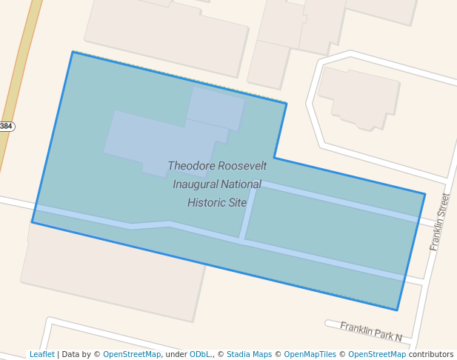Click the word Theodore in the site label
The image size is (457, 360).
tap(190, 166)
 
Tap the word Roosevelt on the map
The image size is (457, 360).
tap(241, 166)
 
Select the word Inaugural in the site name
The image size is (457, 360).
tap(196, 184)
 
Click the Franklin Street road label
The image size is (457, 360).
tap(440, 221)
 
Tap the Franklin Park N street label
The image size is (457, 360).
tap(370, 331)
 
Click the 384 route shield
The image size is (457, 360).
tap(6, 126)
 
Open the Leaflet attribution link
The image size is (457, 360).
tap(41, 355)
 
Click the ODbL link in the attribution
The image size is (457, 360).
tap(199, 355)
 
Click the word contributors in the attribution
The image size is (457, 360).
tap(430, 355)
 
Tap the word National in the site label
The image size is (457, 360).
tap(238, 184)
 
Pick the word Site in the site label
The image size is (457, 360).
tap(238, 201)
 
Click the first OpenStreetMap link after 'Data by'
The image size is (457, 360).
tap(132, 355)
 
